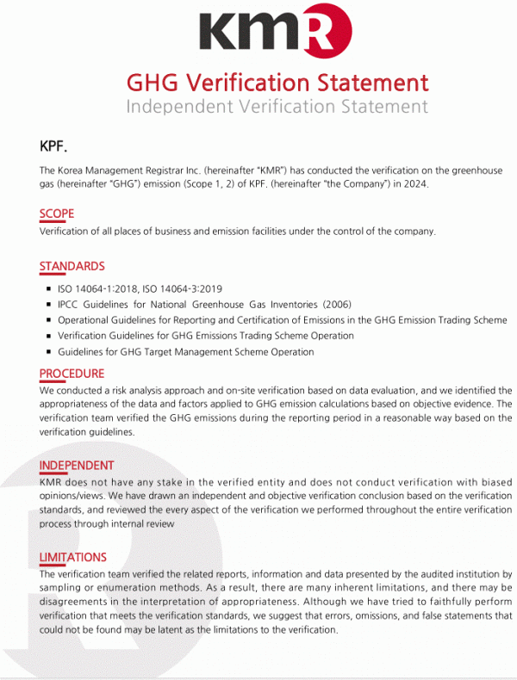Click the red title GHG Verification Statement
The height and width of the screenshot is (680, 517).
[277, 83]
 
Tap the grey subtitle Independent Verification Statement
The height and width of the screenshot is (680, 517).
[277, 107]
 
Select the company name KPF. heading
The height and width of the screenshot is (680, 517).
[53, 145]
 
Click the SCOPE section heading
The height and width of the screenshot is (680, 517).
[57, 213]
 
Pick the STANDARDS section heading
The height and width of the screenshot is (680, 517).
[72, 266]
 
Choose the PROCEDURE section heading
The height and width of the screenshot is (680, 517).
[72, 374]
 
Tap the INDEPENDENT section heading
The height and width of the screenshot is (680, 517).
[77, 466]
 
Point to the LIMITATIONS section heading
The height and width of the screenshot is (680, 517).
[73, 557]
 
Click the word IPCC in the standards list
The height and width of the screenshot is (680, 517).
[71, 305]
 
